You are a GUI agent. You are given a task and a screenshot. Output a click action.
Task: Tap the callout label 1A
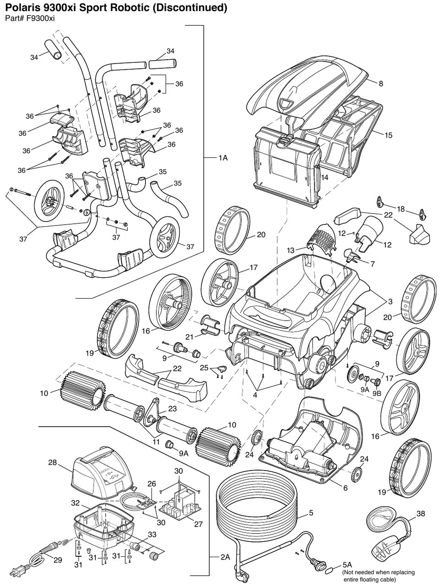click(223, 158)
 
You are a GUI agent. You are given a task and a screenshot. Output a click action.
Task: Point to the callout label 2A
click(225, 557)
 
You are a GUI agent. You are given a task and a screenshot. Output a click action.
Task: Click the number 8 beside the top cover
click(380, 83)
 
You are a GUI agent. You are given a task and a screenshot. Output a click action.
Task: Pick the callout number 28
click(53, 463)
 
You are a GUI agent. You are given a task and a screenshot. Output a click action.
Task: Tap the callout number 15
click(388, 135)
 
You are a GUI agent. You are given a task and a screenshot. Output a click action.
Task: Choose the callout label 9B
click(377, 393)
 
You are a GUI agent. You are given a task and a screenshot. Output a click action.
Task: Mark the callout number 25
click(204, 368)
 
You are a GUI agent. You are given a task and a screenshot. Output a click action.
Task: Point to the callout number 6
click(345, 488)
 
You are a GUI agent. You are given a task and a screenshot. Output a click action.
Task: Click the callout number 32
click(76, 503)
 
